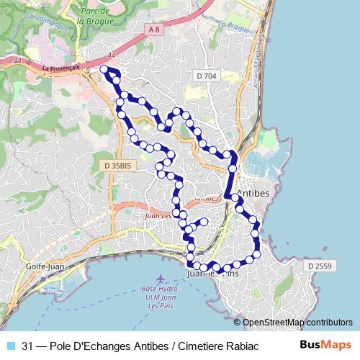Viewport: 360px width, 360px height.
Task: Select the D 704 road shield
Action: tap(206, 75)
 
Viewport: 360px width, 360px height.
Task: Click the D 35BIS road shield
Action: tap(117, 166)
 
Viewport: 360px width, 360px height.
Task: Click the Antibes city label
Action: tap(253, 194)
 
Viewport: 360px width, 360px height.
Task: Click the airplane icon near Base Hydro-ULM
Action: tap(160, 279)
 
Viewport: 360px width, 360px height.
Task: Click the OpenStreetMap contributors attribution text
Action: tap(297, 323)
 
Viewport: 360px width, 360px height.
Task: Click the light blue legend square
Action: tap(9, 345)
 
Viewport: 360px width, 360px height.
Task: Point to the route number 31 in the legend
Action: tap(27, 345)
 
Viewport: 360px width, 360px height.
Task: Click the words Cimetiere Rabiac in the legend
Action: tap(217, 345)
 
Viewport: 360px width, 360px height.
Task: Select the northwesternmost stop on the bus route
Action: tap(104, 70)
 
